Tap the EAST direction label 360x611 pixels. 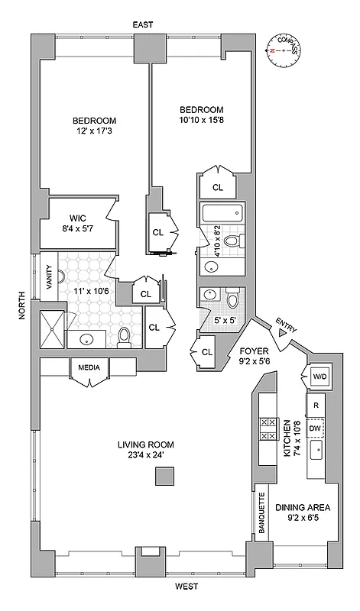143,25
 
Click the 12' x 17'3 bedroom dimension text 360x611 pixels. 95,132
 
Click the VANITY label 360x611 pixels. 50,274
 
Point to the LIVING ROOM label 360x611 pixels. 146,445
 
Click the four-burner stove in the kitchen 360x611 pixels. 269,429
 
